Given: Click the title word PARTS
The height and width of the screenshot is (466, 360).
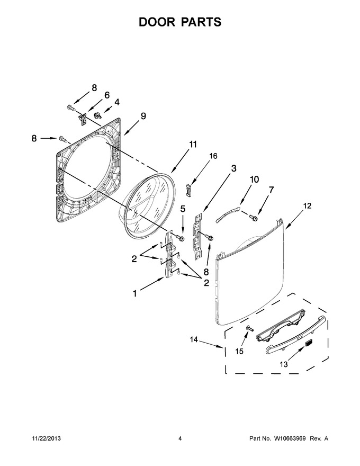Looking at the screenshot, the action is coord(201,22).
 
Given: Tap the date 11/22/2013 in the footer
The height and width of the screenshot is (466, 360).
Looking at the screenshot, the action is coord(46,430).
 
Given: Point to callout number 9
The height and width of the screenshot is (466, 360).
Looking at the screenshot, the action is coord(143,116).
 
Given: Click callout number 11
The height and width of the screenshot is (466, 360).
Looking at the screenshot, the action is coord(193,145).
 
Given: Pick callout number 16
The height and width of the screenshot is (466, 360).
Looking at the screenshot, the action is coord(213,156).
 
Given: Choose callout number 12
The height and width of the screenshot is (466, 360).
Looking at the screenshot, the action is coord(308,205).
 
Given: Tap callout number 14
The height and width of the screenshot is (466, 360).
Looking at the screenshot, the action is coord(194,339).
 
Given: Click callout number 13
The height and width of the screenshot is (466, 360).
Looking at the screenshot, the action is coord(284,364).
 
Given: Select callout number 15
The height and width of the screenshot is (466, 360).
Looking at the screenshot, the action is coord(239,352).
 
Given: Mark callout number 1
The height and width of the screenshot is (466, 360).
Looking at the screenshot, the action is coord(135,293).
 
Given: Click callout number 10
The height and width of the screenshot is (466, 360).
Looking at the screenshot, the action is coord(254,179).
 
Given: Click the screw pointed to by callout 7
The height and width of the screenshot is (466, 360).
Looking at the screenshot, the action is coord(254,218).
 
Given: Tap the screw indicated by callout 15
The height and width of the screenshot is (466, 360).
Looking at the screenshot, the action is coord(249,328).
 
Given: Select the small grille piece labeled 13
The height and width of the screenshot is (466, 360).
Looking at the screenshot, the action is coord(309,343).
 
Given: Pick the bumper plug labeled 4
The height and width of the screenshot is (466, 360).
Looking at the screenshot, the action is coord(97,115).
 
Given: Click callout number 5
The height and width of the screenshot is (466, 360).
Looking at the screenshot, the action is coord(183,209).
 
